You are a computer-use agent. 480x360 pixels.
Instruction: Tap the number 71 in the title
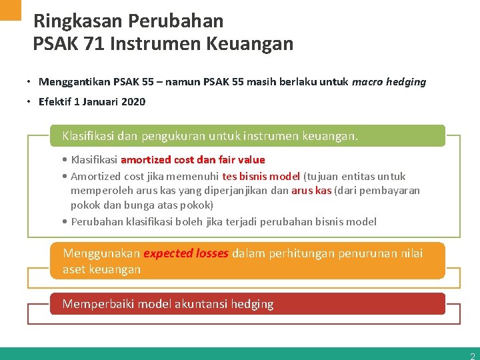pyautogui.click(x=94, y=44)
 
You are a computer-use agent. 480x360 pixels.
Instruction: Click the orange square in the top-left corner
pyautogui.click(x=11, y=9)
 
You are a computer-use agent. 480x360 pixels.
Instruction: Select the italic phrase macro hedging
pyautogui.click(x=389, y=82)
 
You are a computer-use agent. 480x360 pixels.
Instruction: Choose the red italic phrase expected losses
pyautogui.click(x=186, y=253)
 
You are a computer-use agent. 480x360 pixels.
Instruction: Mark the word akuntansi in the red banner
pyautogui.click(x=202, y=304)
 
